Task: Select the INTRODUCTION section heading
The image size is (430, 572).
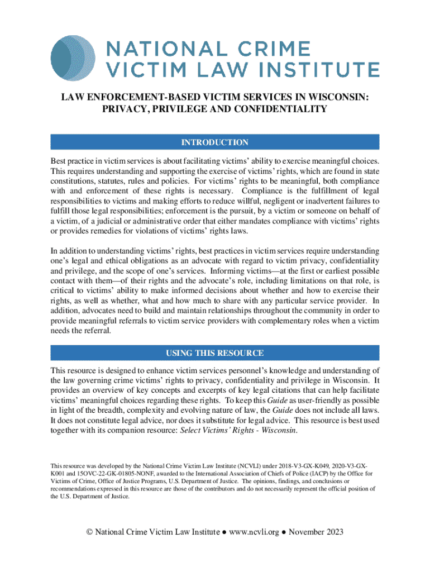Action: click(x=215, y=143)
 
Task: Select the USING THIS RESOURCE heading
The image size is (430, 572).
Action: click(x=215, y=353)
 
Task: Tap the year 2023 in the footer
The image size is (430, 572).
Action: click(x=333, y=531)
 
